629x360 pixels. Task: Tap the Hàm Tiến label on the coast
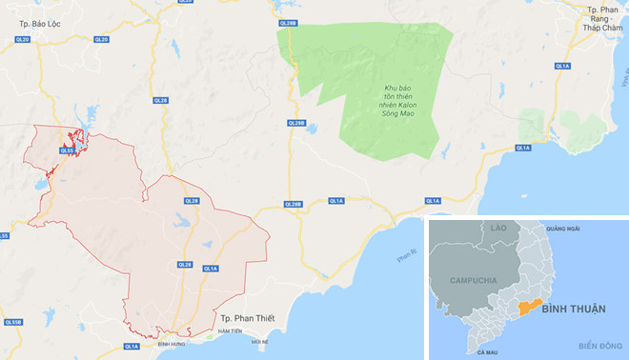pyautogui.click(x=229, y=331)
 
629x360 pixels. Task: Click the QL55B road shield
pyautogui.click(x=12, y=323)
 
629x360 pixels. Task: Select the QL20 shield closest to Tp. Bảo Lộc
pyautogui.click(x=23, y=39)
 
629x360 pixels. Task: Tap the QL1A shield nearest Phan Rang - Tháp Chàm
pyautogui.click(x=561, y=66)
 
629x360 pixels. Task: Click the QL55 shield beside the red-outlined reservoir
pyautogui.click(x=67, y=150)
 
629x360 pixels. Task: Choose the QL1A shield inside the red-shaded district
pyautogui.click(x=211, y=269)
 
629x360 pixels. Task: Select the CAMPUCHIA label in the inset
pyautogui.click(x=467, y=282)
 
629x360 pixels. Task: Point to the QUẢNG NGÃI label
pyautogui.click(x=563, y=230)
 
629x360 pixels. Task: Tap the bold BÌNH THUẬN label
pyautogui.click(x=575, y=310)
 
